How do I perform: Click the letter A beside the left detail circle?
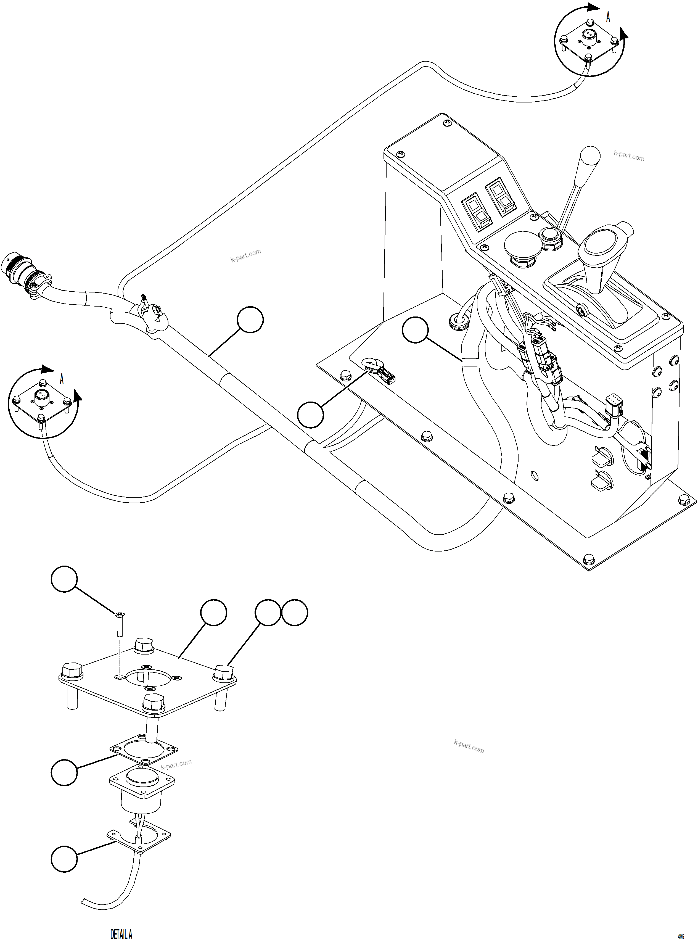pyautogui.click(x=62, y=379)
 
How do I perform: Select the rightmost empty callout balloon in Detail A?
pyautogui.click(x=295, y=612)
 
